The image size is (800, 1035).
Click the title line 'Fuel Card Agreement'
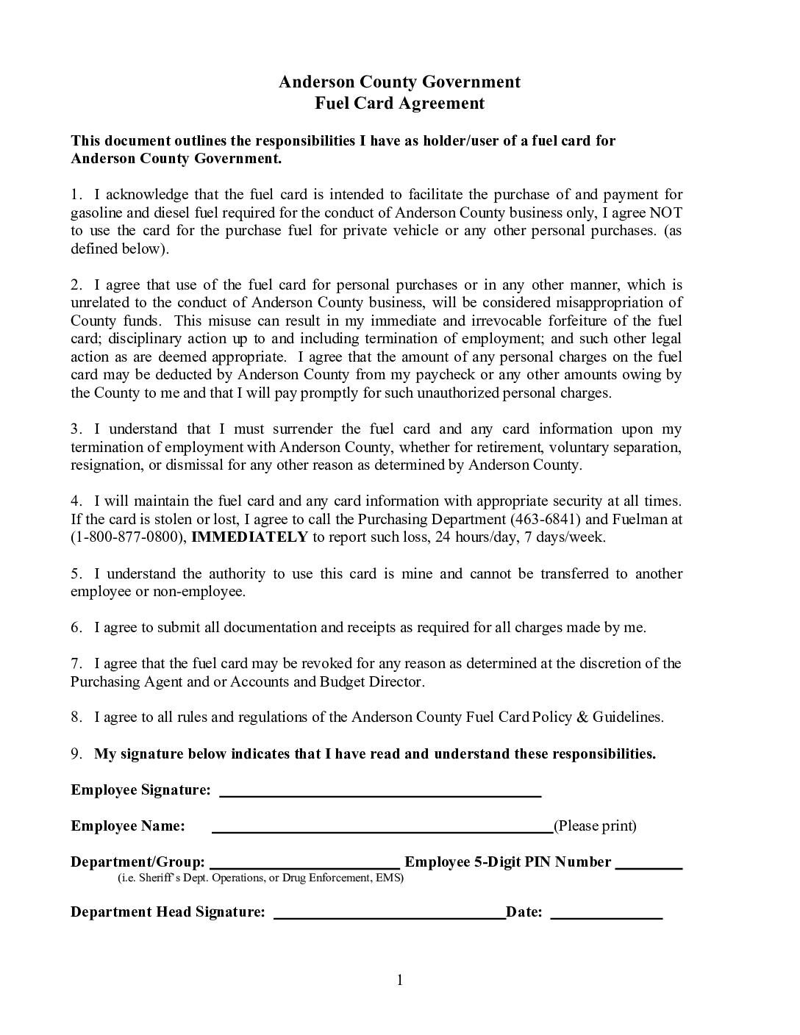(399, 103)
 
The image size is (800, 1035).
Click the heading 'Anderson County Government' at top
(399, 82)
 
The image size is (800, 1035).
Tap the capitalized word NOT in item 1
(665, 213)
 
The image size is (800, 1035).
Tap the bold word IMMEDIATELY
(249, 537)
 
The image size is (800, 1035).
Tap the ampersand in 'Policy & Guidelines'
(582, 717)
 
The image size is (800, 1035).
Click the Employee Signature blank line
(380, 794)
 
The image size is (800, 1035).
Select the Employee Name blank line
(382, 830)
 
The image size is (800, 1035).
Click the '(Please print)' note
(595, 826)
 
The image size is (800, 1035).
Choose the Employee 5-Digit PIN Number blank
(649, 866)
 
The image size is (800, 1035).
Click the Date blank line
(606, 916)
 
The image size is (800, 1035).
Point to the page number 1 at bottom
(400, 980)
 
